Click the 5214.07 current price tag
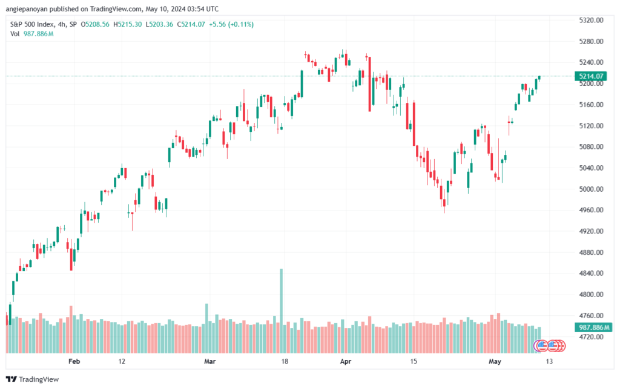pos(591,76)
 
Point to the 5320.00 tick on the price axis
pos(591,20)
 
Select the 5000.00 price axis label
pos(591,189)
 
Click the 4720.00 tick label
pos(591,337)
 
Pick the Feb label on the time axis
pos(74,361)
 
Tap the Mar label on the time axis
pos(210,361)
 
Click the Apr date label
pos(346,361)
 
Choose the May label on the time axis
pos(495,361)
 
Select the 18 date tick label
pos(285,361)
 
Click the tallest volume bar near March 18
pos(282,311)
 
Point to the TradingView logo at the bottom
pos(33,379)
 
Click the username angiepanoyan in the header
pos(27,8)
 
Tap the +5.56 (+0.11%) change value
pos(231,24)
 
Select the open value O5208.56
pos(95,24)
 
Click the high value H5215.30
pos(127,24)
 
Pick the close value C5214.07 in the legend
pos(191,24)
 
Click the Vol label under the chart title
pos(15,34)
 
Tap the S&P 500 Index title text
pos(31,24)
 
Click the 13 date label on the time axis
pos(549,361)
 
